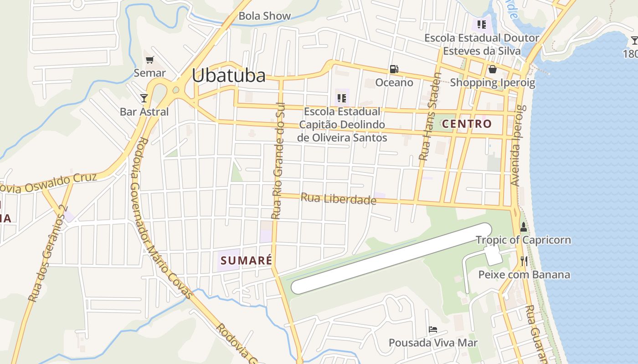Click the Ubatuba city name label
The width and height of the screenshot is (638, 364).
228,76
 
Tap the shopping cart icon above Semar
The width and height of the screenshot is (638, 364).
149,60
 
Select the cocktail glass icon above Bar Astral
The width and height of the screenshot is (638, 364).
144,98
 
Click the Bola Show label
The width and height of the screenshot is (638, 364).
264,16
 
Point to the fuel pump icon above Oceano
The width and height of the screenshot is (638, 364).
394,69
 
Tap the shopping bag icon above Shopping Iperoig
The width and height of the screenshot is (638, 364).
492,70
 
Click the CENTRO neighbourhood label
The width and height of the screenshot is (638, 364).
467,124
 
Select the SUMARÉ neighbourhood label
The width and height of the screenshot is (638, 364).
246,261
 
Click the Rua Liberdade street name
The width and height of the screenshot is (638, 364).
339,199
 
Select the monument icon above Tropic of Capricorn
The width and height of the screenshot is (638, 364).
523,227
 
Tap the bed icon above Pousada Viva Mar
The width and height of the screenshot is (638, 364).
433,329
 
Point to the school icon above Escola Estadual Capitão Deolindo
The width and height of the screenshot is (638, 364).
342,98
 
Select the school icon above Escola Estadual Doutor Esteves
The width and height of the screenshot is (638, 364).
482,24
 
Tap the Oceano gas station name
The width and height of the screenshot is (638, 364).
394,82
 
